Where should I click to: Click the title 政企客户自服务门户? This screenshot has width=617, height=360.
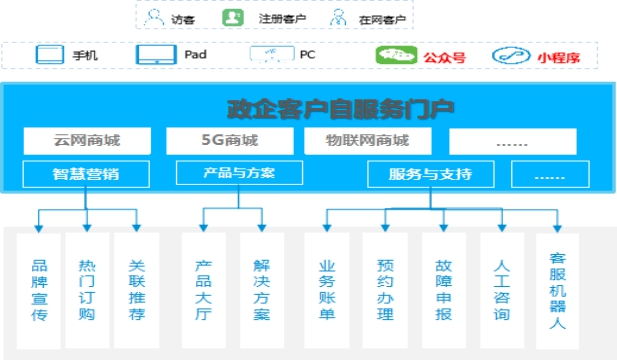pyautogui.click(x=340, y=109)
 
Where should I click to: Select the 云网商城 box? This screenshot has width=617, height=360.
pyautogui.click(x=87, y=140)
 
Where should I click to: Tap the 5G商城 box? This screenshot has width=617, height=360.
pyautogui.click(x=230, y=140)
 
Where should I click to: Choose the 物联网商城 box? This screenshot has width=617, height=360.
pyautogui.click(x=368, y=140)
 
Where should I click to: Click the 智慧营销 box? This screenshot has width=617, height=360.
pyautogui.click(x=86, y=174)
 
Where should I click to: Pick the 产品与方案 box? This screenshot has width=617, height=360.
pyautogui.click(x=239, y=173)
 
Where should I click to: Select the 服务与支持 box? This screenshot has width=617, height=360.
pyautogui.click(x=430, y=174)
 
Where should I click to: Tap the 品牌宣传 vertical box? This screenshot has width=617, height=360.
pyautogui.click(x=39, y=290)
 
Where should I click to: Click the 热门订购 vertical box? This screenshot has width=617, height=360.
pyautogui.click(x=87, y=290)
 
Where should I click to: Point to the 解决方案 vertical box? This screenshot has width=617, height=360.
pyautogui.click(x=262, y=290)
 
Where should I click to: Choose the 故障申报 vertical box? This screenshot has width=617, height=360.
pyautogui.click(x=443, y=290)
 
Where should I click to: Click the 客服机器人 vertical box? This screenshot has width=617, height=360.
pyautogui.click(x=557, y=291)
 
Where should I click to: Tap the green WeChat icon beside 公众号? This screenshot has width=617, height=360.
pyautogui.click(x=396, y=55)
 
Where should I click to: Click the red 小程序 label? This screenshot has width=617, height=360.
pyautogui.click(x=559, y=58)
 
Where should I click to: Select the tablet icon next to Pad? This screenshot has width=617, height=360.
pyautogui.click(x=156, y=54)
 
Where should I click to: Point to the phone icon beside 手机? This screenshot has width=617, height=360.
pyautogui.click(x=50, y=54)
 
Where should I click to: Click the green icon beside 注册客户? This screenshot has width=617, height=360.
pyautogui.click(x=233, y=18)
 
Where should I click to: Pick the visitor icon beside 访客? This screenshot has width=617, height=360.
pyautogui.click(x=154, y=18)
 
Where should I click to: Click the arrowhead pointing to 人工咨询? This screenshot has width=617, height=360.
pyautogui.click(x=502, y=228)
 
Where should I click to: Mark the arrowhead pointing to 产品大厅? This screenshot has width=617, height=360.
pyautogui.click(x=203, y=228)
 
